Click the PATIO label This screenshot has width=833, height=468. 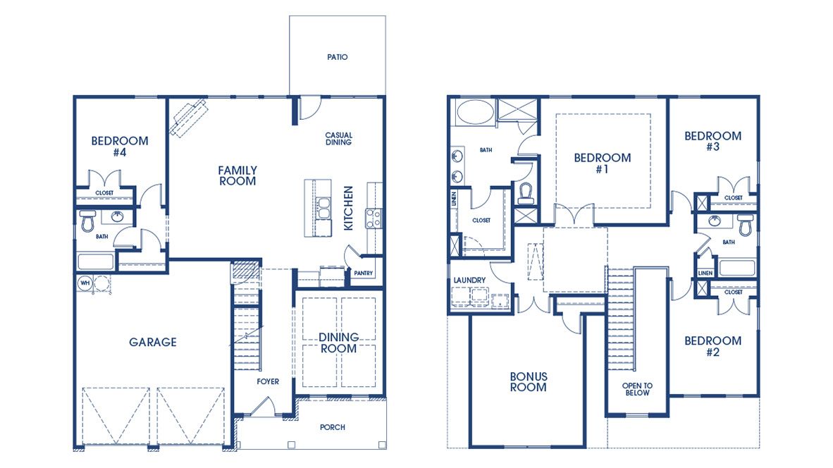coord(337,57)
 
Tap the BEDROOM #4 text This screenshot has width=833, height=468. coord(120,146)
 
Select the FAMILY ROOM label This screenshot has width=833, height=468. coord(237,175)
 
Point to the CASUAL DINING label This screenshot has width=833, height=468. coord(338,139)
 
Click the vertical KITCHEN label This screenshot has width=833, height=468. coord(347,208)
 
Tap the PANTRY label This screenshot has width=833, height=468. coord(364,273)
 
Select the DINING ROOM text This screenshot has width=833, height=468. coord(339,343)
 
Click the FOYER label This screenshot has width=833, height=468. coord(268,381)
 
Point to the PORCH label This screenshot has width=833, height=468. coord(332,427)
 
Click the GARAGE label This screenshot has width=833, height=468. coord(152,343)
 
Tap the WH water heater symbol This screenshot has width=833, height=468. coord(85,283)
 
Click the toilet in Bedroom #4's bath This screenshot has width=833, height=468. coord(87,222)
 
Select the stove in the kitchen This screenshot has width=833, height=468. coord(373,217)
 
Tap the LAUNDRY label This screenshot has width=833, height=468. coord(469,281)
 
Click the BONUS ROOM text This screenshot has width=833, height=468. coord(528,382)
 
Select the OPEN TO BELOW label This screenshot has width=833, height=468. coord(637,389)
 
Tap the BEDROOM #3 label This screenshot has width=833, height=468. coord(712,142)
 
